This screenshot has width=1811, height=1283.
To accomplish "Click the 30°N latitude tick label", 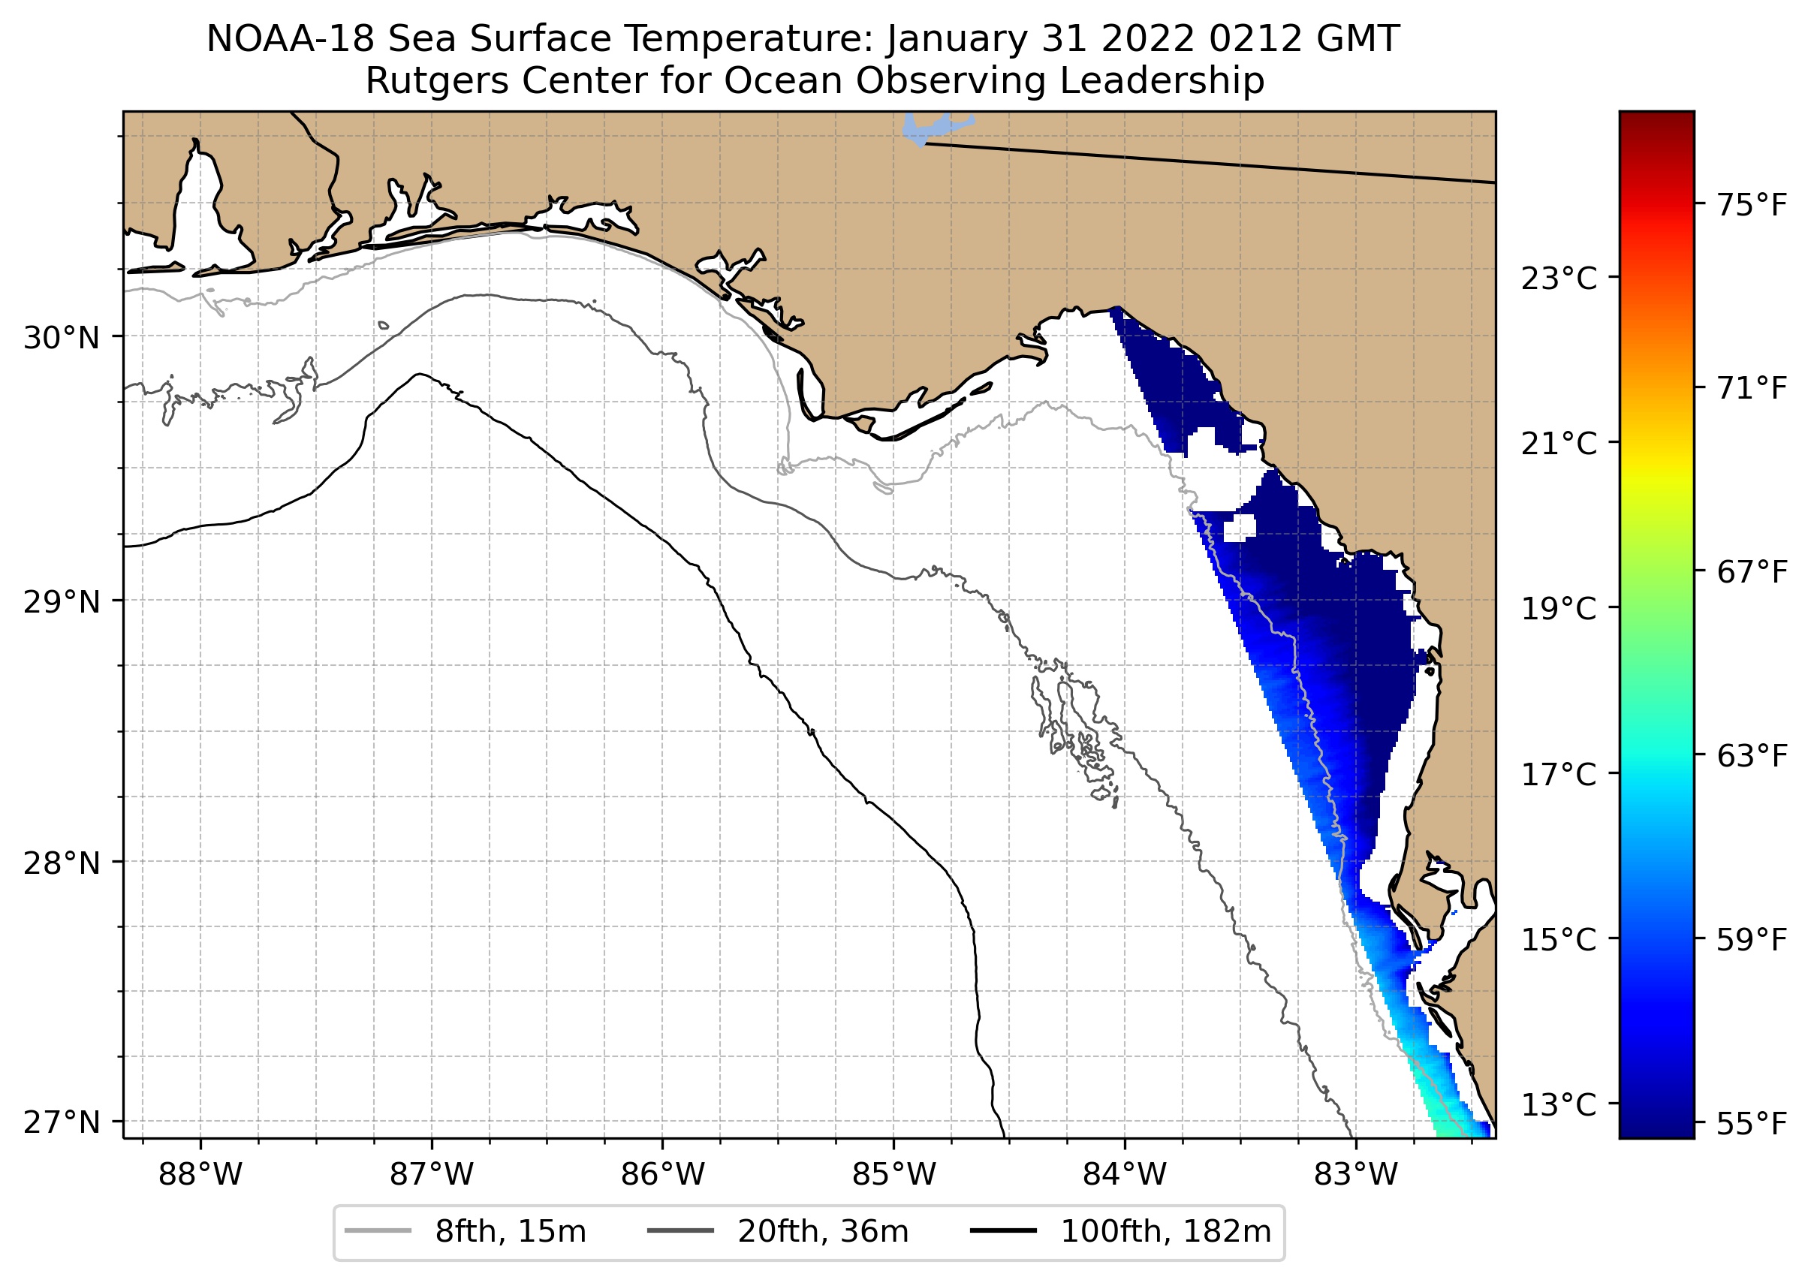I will click(62, 338).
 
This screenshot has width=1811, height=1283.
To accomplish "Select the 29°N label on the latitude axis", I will click(62, 602).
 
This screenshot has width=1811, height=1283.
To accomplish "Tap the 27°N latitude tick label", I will click(62, 1122).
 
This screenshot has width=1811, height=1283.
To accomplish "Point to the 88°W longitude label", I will click(200, 1175).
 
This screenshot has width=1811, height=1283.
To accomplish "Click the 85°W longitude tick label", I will click(893, 1175).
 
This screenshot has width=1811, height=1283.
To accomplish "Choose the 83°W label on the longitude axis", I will click(1356, 1175).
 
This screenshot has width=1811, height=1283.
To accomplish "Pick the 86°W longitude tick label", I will click(662, 1175).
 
